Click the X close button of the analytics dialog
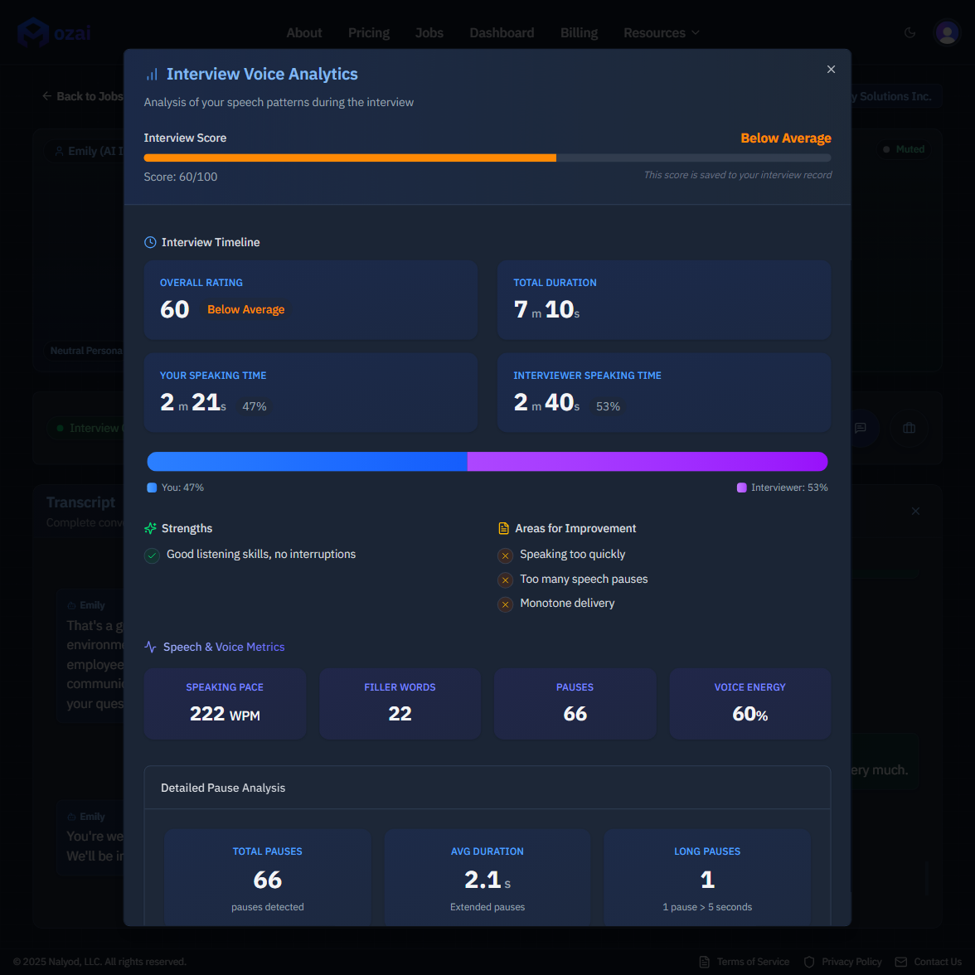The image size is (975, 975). click(x=831, y=70)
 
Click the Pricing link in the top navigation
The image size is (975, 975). click(x=369, y=33)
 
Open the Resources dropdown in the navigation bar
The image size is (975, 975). click(x=661, y=33)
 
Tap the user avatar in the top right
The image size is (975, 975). click(x=946, y=32)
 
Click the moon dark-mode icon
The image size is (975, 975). click(x=910, y=33)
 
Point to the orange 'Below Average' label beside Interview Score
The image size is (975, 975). click(x=785, y=138)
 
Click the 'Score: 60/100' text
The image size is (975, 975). click(x=181, y=177)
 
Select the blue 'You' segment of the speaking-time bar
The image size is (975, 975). click(x=307, y=462)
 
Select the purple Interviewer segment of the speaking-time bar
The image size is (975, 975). click(x=647, y=462)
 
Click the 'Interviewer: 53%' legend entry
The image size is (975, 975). click(x=783, y=487)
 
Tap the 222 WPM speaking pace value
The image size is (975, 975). click(x=225, y=714)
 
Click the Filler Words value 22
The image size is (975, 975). click(x=400, y=714)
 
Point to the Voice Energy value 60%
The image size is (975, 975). click(x=749, y=714)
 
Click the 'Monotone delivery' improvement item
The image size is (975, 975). click(x=567, y=604)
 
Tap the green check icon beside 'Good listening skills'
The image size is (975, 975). click(x=152, y=555)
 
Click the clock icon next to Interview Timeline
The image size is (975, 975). click(x=150, y=243)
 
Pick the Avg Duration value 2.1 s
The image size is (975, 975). click(x=487, y=880)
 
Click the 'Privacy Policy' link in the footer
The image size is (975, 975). click(x=851, y=962)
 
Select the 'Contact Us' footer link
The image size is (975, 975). click(x=937, y=962)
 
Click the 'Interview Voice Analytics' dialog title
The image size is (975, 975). click(x=262, y=75)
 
